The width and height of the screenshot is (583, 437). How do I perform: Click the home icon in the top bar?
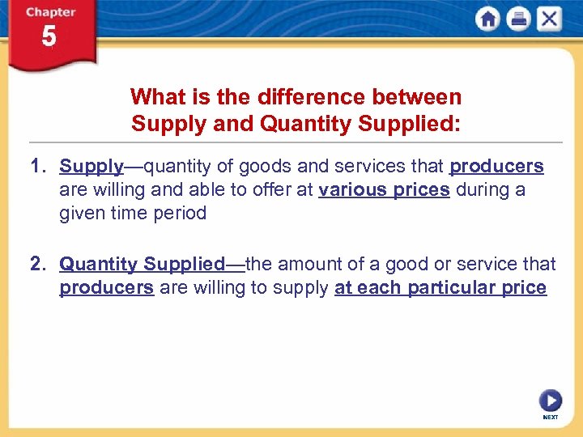pos(487,19)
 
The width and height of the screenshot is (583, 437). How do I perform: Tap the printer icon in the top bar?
pos(518,19)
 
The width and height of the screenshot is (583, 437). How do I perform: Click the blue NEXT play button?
pos(550,401)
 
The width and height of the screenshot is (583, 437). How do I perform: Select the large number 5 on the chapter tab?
pos(49,37)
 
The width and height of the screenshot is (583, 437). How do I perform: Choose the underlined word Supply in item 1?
pos(91,167)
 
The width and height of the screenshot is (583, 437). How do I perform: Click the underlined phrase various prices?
pos(384,190)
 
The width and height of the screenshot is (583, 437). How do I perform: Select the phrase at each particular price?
pos(440,287)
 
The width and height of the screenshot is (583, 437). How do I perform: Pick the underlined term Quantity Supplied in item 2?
pos(142,264)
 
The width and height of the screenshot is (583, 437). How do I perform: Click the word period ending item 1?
pos(183,214)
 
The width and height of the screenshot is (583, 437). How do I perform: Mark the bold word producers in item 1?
pos(496,167)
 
